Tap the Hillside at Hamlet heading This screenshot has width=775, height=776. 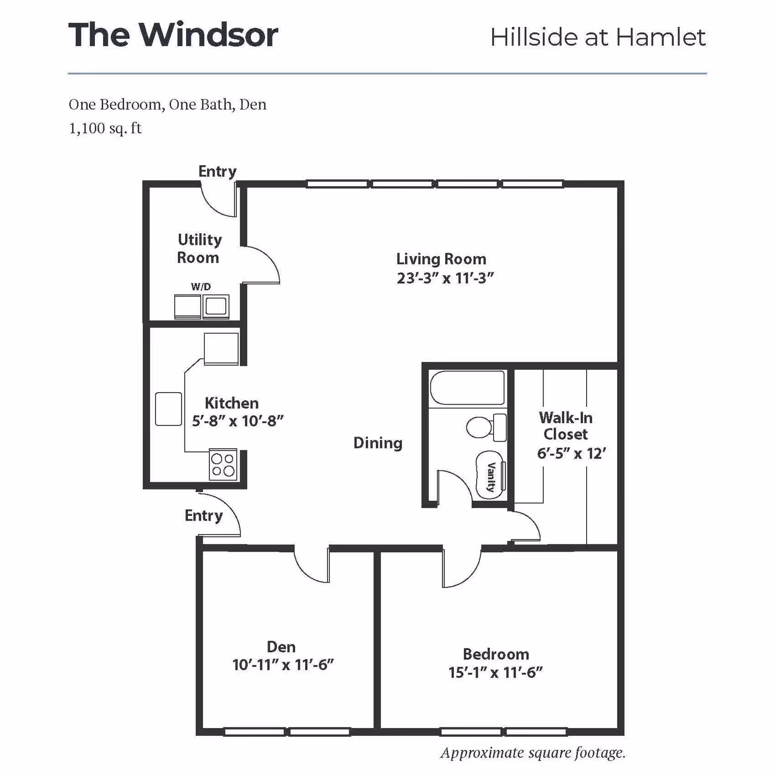pos(598,37)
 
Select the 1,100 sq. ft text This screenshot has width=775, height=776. pos(105,128)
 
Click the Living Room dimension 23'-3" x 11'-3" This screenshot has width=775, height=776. pos(445,278)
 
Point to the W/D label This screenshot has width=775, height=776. pos(201,286)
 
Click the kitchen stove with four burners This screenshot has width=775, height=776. pos(223,464)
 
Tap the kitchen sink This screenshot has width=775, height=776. pos(168,409)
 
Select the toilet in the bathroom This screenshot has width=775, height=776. pos(485,427)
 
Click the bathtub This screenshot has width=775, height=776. pos(467,388)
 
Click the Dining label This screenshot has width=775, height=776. pos(378,443)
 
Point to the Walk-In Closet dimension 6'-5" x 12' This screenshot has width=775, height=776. pos(572,453)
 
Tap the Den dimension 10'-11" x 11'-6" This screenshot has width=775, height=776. pos(283,665)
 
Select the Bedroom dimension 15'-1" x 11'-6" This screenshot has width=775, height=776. pos(495,672)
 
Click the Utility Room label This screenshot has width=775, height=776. pos(199,248)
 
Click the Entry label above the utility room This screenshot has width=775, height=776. pos(217,171)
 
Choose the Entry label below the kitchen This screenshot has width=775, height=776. pos(203,515)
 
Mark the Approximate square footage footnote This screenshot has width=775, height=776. pos(533,753)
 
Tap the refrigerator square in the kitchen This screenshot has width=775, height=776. pos(221,348)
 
